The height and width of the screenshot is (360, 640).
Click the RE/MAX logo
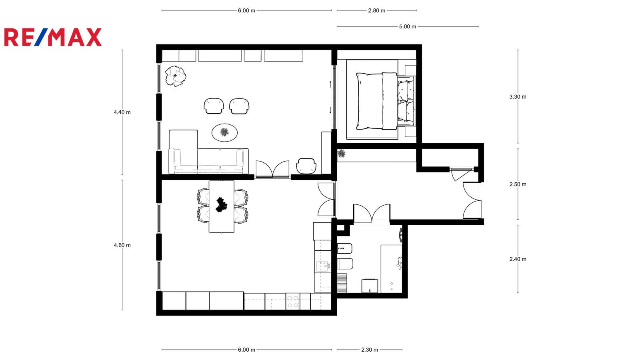point(53,37)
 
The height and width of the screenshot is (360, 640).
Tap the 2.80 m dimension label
point(376,10)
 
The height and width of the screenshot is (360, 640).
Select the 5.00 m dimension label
point(408,26)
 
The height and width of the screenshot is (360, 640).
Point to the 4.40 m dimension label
point(122,112)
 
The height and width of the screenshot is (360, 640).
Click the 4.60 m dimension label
point(122,245)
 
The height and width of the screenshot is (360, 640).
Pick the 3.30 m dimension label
point(518,97)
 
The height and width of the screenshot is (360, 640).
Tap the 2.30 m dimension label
point(370,350)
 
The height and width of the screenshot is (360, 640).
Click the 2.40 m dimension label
point(518,259)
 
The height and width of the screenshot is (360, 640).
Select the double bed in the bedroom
point(386,101)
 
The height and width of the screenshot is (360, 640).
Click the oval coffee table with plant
point(224,132)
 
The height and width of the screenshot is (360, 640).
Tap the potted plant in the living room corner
point(176,76)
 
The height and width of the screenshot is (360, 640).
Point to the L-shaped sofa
point(208,152)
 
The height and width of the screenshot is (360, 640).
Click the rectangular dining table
point(222,206)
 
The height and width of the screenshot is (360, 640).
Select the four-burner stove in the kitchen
point(292,302)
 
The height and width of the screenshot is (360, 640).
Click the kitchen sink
point(323,266)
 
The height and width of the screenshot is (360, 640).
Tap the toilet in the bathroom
point(345,264)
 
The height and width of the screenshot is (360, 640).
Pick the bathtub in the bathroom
point(392,268)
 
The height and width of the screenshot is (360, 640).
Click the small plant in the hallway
point(342,154)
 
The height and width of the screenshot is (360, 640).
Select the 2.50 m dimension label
point(518,184)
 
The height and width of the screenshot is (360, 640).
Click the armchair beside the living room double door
point(306,166)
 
